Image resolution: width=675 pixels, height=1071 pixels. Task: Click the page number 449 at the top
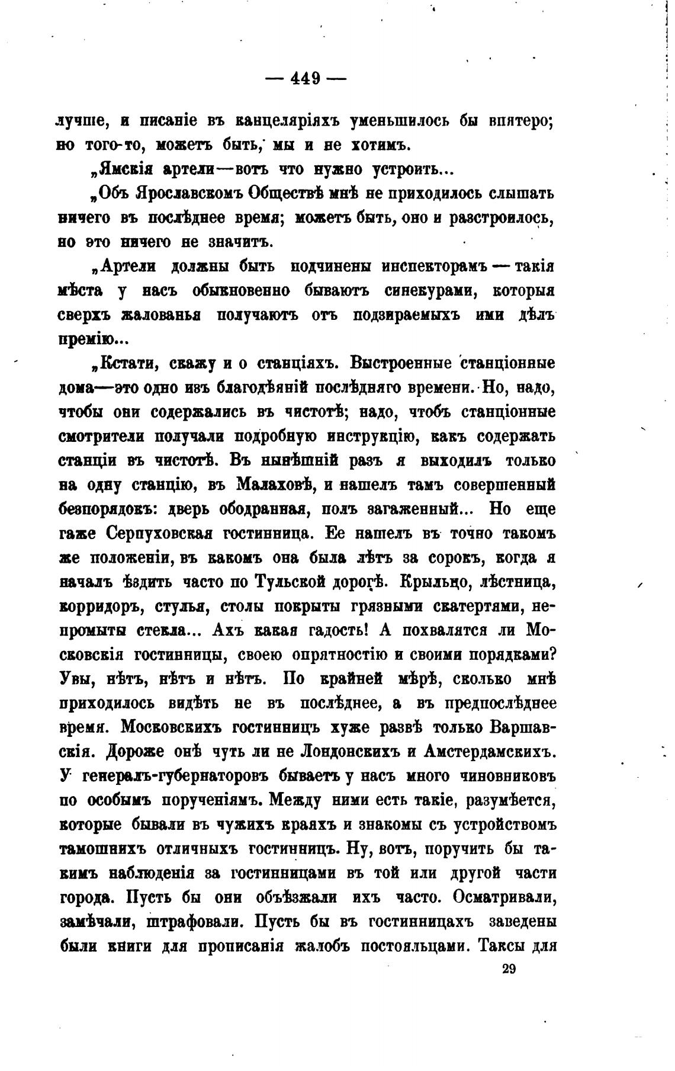(306, 78)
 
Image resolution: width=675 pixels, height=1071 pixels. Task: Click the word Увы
(74, 679)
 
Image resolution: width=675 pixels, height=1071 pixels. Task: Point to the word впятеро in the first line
(520, 121)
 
